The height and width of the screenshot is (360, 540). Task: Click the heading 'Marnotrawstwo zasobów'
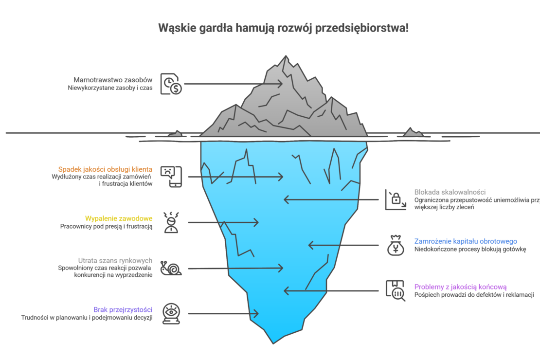click(x=113, y=79)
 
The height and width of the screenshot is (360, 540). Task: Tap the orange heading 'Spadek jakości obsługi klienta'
click(x=106, y=169)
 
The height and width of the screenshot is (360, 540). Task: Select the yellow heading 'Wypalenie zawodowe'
click(x=119, y=218)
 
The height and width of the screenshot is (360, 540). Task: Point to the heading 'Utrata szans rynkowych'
click(x=116, y=260)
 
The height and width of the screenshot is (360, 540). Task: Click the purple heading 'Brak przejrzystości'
click(x=124, y=309)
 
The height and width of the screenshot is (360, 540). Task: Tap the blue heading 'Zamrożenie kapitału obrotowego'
click(x=466, y=241)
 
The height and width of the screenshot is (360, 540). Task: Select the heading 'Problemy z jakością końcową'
click(x=460, y=287)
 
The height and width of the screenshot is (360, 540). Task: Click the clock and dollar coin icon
click(x=171, y=84)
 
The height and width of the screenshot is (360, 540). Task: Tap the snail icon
click(x=171, y=268)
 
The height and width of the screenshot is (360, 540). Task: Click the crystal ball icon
click(x=171, y=313)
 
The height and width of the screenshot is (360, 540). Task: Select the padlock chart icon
click(x=395, y=199)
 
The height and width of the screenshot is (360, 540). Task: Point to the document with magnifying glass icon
click(x=395, y=290)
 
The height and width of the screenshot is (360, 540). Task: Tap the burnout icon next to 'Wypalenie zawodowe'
click(x=171, y=222)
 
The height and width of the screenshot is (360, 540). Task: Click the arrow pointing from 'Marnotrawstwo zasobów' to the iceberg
click(x=233, y=84)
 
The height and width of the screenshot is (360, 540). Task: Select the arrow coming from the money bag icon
click(x=343, y=245)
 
